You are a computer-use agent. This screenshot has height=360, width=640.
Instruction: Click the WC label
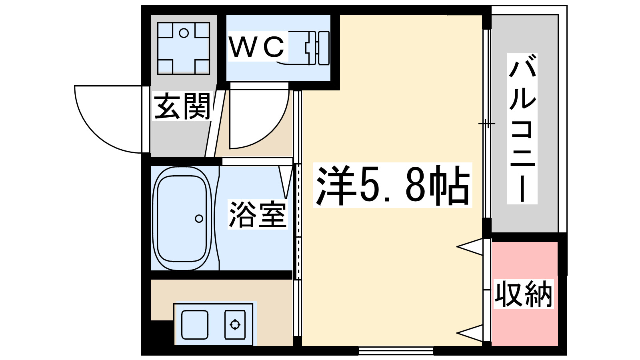point(257,47)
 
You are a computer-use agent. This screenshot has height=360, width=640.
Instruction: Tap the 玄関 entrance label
point(182,106)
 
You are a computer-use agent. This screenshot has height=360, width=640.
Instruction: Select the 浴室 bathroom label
point(258,215)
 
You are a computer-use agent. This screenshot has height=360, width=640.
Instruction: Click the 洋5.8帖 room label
point(392,185)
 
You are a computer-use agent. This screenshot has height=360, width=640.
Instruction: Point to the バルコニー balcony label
point(522,128)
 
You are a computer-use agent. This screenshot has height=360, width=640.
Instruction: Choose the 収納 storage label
point(524,294)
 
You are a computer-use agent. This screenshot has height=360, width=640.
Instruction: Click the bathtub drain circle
point(199,218)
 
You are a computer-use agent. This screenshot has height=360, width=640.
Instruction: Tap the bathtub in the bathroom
point(182,219)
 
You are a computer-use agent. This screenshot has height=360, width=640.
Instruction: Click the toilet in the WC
point(308,48)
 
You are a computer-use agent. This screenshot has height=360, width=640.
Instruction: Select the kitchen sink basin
point(195,324)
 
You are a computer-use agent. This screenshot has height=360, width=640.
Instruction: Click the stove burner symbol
point(235,324)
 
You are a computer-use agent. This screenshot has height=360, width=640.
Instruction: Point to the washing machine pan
point(184,48)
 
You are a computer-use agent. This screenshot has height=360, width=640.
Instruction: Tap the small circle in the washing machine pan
point(184,33)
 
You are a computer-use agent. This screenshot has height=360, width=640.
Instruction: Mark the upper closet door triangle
point(471,247)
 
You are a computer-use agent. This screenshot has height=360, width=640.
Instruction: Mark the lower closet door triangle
point(471,333)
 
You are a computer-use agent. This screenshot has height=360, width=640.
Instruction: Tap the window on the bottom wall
point(396,351)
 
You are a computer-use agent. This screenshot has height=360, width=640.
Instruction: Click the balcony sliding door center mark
point(486,123)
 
